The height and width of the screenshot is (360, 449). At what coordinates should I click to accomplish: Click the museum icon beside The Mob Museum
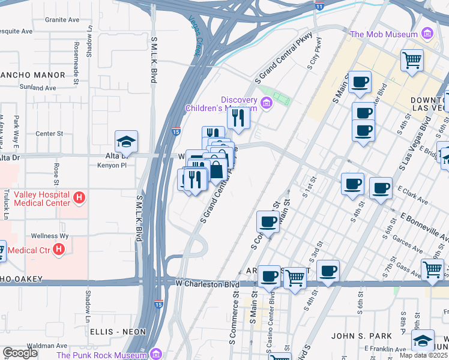pos(428,33)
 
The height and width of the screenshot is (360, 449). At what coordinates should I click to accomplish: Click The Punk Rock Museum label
pos(102,355)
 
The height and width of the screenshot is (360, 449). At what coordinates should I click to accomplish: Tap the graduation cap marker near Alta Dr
pos(127,142)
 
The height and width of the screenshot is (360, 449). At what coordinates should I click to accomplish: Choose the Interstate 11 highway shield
pos(319,6)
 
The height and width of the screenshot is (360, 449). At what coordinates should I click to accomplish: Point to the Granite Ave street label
pos(62,20)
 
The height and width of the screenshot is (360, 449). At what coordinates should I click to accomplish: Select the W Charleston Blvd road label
pos(203,283)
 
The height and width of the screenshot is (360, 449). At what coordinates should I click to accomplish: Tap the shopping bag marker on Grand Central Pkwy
pos(217,170)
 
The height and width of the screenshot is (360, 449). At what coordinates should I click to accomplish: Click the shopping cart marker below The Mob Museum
pos(412,60)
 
